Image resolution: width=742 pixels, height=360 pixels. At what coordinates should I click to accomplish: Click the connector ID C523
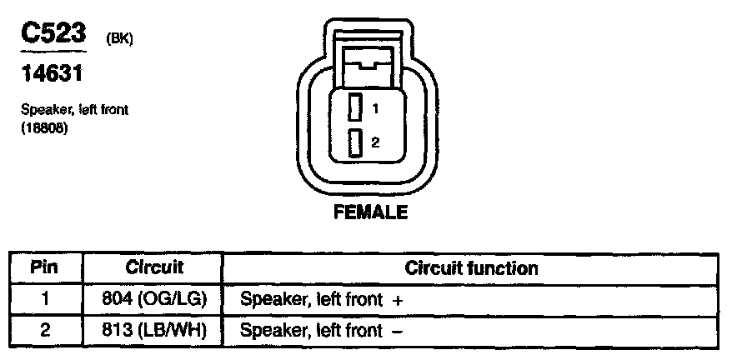click(53, 34)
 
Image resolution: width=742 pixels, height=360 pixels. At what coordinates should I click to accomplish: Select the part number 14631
click(53, 75)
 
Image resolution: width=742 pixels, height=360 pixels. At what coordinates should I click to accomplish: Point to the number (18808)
click(44, 130)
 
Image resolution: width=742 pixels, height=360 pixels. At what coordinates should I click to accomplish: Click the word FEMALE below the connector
click(370, 212)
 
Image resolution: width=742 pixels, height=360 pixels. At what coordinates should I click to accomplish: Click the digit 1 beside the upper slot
click(375, 108)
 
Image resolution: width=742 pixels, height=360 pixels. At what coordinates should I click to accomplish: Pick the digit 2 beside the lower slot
click(375, 143)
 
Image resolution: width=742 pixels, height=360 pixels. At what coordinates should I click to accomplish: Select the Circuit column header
click(154, 268)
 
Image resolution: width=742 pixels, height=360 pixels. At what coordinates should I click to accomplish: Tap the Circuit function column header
click(471, 268)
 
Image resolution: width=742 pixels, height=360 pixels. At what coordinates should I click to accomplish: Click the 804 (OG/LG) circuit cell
click(154, 299)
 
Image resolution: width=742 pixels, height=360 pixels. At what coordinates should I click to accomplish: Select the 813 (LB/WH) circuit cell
click(154, 330)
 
